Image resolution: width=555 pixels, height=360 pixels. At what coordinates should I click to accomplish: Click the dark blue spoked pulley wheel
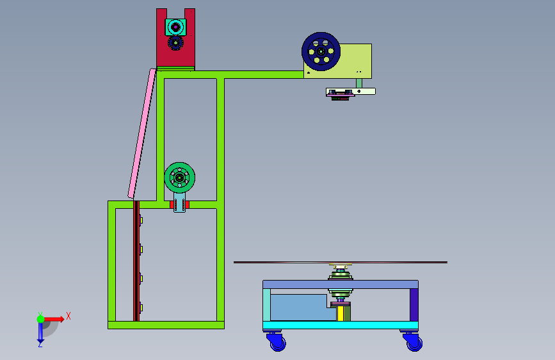coord(321,51)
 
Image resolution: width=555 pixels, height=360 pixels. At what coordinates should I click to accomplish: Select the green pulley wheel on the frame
coord(180,177)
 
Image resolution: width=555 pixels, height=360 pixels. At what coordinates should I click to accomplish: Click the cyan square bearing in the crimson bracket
coord(175,27)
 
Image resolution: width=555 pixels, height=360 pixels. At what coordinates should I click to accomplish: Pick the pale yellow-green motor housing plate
coord(355,60)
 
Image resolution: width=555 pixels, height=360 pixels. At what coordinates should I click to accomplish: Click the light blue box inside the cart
coord(300,307)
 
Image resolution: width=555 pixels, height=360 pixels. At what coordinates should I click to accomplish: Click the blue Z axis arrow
coord(40,333)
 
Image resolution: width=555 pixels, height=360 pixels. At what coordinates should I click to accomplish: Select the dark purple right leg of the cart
coord(414,304)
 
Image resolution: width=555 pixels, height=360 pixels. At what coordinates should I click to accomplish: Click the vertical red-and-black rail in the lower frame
coord(136,263)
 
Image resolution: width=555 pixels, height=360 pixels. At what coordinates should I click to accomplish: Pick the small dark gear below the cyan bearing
coord(175,43)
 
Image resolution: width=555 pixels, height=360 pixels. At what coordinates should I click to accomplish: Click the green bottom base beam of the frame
coord(166,325)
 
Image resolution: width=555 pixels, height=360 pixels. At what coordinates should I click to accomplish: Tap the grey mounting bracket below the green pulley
coord(180,206)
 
